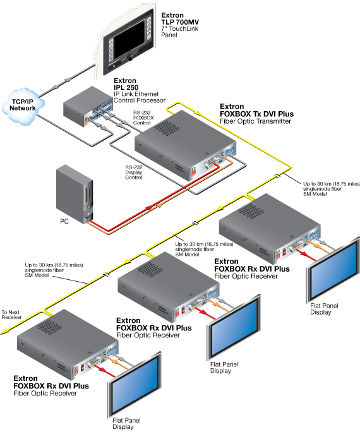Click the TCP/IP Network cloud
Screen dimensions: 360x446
[23, 105]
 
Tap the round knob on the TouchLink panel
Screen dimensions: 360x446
[131, 57]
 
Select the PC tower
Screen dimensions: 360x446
[75, 195]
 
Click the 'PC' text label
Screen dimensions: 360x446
[64, 221]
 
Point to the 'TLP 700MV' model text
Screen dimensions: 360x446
[180, 22]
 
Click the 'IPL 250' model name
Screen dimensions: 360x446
[126, 87]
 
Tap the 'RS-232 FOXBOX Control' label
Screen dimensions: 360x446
[143, 118]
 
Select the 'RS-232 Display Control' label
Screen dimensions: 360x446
[134, 172]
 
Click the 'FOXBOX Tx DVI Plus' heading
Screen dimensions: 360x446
[256, 114]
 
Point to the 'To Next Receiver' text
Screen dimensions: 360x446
[11, 315]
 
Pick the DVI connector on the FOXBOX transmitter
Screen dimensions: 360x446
[211, 164]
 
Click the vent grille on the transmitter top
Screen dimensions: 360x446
[167, 128]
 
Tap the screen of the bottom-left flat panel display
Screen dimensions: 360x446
[135, 383]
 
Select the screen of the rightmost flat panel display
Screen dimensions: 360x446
[334, 269]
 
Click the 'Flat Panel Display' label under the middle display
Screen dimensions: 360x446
[224, 368]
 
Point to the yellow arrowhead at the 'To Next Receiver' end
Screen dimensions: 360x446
[4, 332]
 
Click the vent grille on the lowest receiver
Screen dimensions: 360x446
[49, 327]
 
